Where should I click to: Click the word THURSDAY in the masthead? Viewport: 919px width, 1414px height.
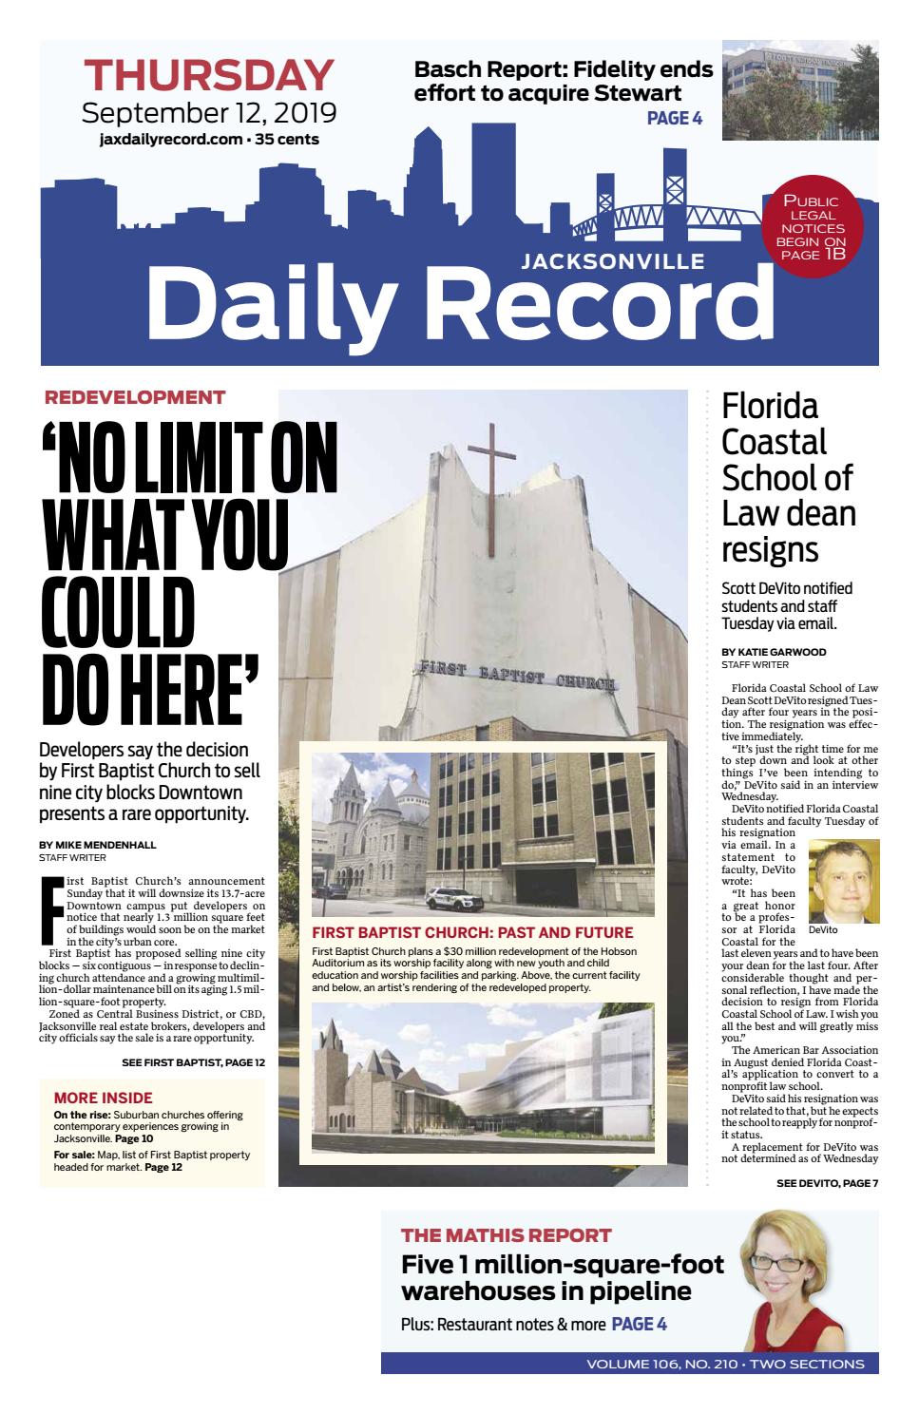209,75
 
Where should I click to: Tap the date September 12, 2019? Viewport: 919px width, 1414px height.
209,114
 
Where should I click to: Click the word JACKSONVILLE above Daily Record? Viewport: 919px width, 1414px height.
613,260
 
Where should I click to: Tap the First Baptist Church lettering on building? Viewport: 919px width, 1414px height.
518,676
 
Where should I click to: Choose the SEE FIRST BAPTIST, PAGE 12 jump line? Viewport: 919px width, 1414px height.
193,1061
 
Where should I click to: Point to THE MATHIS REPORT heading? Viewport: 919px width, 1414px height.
506,1235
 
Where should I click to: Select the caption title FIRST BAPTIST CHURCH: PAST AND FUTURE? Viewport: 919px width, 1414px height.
471,932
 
